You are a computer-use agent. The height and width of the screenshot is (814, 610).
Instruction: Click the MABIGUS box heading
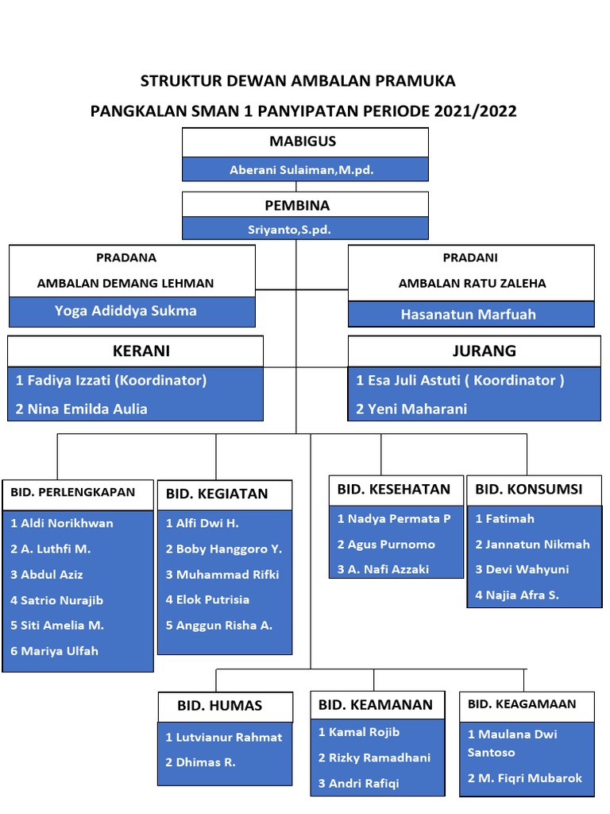pyautogui.click(x=303, y=141)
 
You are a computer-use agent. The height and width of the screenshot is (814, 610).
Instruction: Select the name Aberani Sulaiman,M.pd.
pyautogui.click(x=302, y=170)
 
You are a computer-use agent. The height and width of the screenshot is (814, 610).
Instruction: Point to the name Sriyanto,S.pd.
pyautogui.click(x=289, y=230)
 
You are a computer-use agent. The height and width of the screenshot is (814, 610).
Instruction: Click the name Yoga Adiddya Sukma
pyautogui.click(x=125, y=311)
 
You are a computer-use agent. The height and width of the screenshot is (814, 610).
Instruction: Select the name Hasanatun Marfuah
pyautogui.click(x=468, y=314)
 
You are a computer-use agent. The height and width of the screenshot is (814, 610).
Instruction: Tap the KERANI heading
pyautogui.click(x=141, y=351)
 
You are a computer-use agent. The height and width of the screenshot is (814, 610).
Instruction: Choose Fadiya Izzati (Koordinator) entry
pyautogui.click(x=111, y=380)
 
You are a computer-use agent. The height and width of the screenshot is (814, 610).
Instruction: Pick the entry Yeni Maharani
pyautogui.click(x=411, y=409)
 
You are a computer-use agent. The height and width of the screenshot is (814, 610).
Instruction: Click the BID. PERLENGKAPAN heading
pyautogui.click(x=72, y=492)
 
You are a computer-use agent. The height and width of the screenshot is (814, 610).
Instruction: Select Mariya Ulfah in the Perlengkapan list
pyautogui.click(x=55, y=651)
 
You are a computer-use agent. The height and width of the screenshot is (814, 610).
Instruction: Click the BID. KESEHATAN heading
pyautogui.click(x=393, y=489)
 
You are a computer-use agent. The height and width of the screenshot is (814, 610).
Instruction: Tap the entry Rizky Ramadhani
pyautogui.click(x=363, y=758)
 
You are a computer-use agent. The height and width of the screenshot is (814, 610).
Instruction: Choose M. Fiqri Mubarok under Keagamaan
pyautogui.click(x=525, y=778)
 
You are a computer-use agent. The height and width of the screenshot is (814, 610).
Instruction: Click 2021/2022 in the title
pyautogui.click(x=474, y=111)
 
